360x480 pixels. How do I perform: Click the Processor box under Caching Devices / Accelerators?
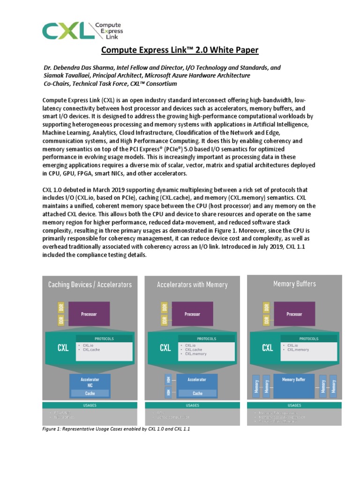89,314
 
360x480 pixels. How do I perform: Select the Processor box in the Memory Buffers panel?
294,314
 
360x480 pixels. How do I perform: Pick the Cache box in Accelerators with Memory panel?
198,393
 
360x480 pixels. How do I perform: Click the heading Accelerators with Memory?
192,285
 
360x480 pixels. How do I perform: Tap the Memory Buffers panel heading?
294,284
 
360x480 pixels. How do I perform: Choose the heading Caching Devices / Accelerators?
90,285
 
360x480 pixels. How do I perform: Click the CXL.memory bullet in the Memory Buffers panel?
298,350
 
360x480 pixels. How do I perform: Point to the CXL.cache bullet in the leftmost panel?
92,350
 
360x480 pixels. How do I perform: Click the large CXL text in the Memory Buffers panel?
268,348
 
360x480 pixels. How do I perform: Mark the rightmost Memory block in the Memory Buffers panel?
334,386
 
